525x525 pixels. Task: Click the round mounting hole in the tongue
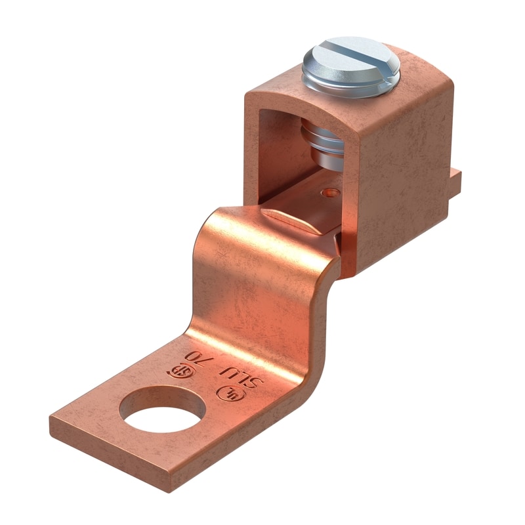[x=159, y=409]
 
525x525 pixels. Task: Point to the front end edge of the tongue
[x=98, y=446]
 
